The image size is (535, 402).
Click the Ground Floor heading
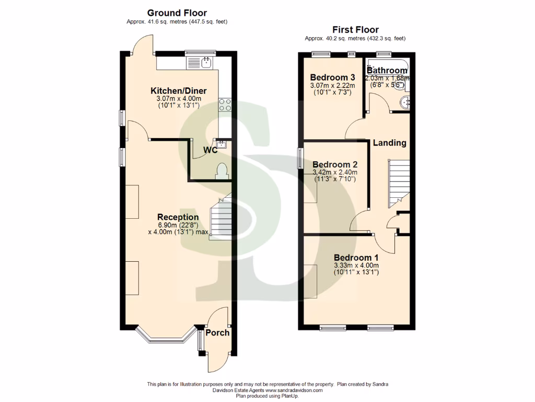tap(177, 13)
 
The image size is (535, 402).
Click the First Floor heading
tap(355, 30)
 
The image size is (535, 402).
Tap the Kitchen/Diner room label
tap(178, 91)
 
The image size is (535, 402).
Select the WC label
tap(211, 150)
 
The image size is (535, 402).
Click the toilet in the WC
tap(222, 171)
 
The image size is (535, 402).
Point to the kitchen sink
tap(206, 63)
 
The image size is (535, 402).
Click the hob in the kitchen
tap(225, 105)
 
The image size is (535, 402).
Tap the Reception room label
tap(178, 217)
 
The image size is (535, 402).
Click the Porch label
tap(217, 332)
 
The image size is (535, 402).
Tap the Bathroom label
tap(387, 71)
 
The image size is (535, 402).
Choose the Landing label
tap(389, 143)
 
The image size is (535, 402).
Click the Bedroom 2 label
tap(334, 164)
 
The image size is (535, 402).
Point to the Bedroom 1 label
tap(356, 258)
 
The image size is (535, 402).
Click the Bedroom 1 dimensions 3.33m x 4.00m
tap(356, 266)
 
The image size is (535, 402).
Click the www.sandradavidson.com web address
tap(294, 390)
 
